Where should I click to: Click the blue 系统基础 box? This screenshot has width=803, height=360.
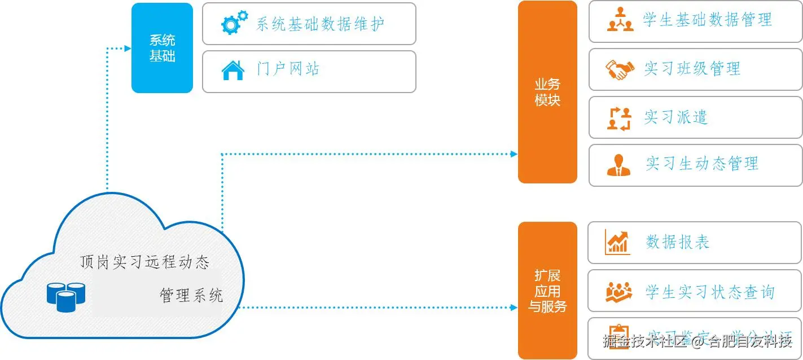pyautogui.click(x=161, y=48)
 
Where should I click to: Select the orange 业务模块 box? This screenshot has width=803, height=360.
pyautogui.click(x=547, y=92)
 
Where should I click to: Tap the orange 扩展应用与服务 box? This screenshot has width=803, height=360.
pyautogui.click(x=547, y=291)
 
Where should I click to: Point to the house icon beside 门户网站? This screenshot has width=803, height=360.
pyautogui.click(x=232, y=71)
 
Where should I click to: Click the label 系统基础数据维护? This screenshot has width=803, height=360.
pyautogui.click(x=320, y=24)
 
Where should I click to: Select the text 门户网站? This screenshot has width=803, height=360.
pyautogui.click(x=288, y=70)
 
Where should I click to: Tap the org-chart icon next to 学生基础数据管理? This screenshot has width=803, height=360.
pyautogui.click(x=620, y=20)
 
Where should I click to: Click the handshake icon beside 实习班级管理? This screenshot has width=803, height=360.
pyautogui.click(x=620, y=69)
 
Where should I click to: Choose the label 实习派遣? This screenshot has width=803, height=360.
pyautogui.click(x=675, y=117)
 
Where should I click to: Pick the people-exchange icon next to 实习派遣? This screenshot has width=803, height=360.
pyautogui.click(x=619, y=118)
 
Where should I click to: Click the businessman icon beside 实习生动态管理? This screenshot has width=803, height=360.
pyautogui.click(x=619, y=164)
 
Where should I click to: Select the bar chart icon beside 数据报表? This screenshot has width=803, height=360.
pyautogui.click(x=617, y=242)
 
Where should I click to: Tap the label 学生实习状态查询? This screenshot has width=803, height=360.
pyautogui.click(x=710, y=292)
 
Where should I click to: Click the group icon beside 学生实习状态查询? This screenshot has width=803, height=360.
pyautogui.click(x=619, y=292)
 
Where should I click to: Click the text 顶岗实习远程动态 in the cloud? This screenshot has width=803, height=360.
pyautogui.click(x=144, y=262)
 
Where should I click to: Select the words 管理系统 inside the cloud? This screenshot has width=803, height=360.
pyautogui.click(x=191, y=295)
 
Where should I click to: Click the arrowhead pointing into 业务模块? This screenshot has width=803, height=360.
pyautogui.click(x=514, y=153)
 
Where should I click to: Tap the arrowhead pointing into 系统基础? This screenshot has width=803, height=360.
pyautogui.click(x=128, y=49)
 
